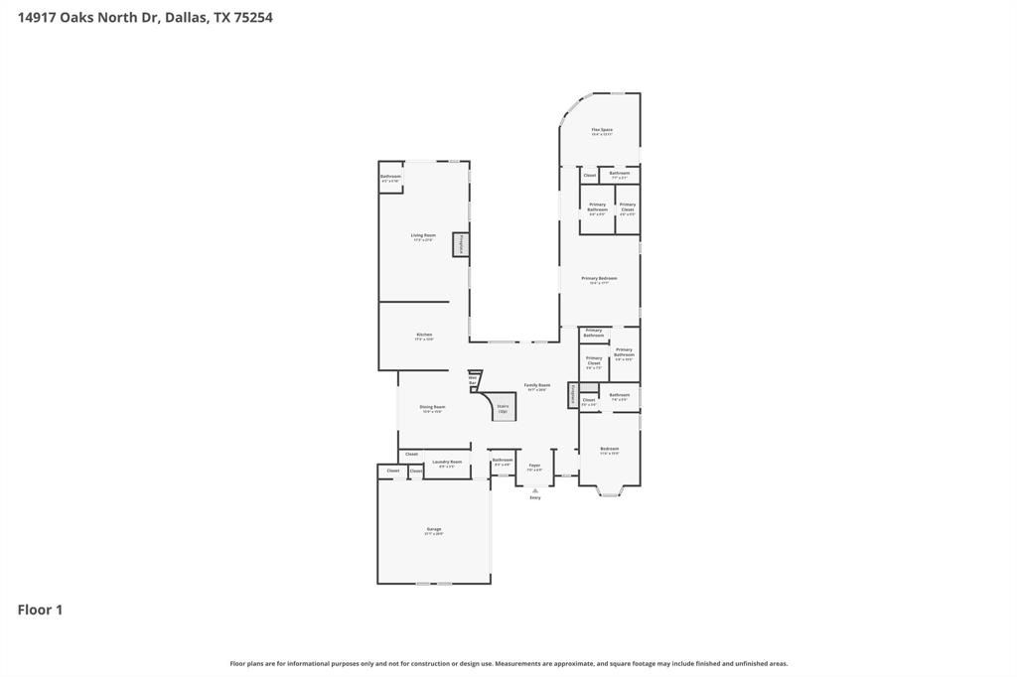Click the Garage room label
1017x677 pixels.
pyautogui.click(x=434, y=530)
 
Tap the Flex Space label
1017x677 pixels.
pyautogui.click(x=602, y=131)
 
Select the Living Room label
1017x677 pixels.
pyautogui.click(x=423, y=236)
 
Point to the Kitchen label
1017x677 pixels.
pyautogui.click(x=424, y=337)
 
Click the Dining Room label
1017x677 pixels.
pyautogui.click(x=432, y=408)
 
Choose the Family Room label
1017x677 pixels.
pyautogui.click(x=537, y=386)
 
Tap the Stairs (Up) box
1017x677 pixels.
pyautogui.click(x=504, y=407)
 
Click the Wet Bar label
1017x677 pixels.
pyautogui.click(x=473, y=380)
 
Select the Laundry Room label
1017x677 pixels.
pyautogui.click(x=448, y=463)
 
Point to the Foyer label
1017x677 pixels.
pyautogui.click(x=534, y=467)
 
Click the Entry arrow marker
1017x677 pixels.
pyautogui.click(x=535, y=490)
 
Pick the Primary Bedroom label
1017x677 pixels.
pyautogui.click(x=599, y=279)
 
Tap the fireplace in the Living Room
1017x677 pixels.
pyautogui.click(x=461, y=244)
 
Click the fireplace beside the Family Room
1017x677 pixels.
pyautogui.click(x=572, y=395)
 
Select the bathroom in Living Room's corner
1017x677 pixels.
pyautogui.click(x=390, y=178)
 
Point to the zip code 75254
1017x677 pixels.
pyautogui.click(x=253, y=17)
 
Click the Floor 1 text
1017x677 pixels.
pyautogui.click(x=40, y=609)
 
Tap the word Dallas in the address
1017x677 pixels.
pyautogui.click(x=185, y=17)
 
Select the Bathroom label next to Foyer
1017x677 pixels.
pyautogui.click(x=503, y=462)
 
